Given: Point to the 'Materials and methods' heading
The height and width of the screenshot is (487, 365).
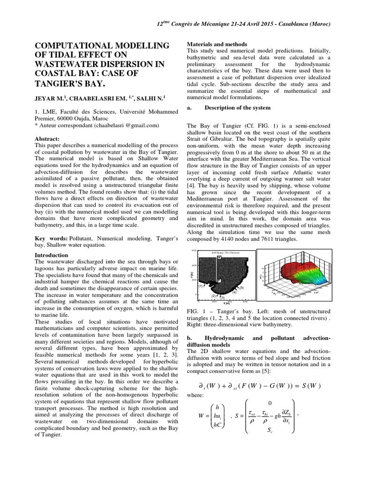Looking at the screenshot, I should pyautogui.click(x=217, y=44).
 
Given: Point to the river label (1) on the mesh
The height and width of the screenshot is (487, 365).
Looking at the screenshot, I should pyautogui.click(x=201, y=286).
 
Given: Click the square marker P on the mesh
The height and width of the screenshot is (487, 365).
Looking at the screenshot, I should pyautogui.click(x=218, y=281).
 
